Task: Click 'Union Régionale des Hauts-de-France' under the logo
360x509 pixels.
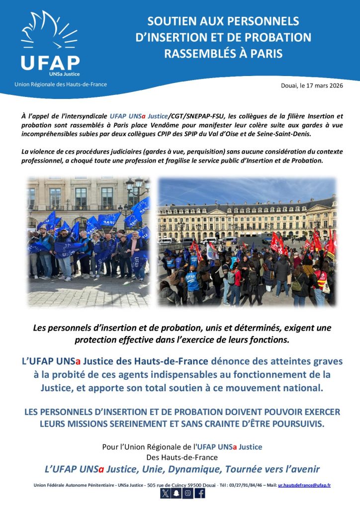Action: click(61, 85)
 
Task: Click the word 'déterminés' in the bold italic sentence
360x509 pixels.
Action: click(239, 328)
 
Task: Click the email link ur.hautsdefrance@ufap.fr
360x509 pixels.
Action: click(304, 485)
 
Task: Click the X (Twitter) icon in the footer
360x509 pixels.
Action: click(165, 493)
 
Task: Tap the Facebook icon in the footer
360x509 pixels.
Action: click(199, 493)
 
